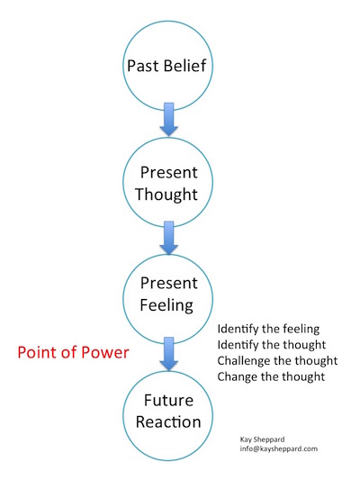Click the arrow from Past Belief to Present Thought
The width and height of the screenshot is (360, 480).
tap(168, 119)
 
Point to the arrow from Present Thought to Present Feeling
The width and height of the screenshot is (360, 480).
tap(168, 237)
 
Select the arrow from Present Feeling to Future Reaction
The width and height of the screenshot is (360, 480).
tap(168, 354)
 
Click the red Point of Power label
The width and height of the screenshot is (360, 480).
tap(73, 353)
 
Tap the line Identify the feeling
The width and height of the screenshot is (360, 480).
tap(268, 330)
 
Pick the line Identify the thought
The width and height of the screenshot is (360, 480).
tap(271, 345)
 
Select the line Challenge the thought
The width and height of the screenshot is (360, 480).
tap(277, 361)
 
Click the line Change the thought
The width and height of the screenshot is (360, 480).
tap(271, 376)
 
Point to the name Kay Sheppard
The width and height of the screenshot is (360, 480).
tap(262, 439)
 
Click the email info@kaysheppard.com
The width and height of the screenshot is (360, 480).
tap(279, 449)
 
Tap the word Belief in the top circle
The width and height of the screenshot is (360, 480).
tap(184, 66)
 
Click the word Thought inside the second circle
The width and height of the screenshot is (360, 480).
tap(166, 195)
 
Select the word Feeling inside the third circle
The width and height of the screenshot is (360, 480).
tap(166, 306)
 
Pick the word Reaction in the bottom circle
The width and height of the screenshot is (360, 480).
tap(168, 422)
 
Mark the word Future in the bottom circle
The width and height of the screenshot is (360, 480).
tap(168, 401)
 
